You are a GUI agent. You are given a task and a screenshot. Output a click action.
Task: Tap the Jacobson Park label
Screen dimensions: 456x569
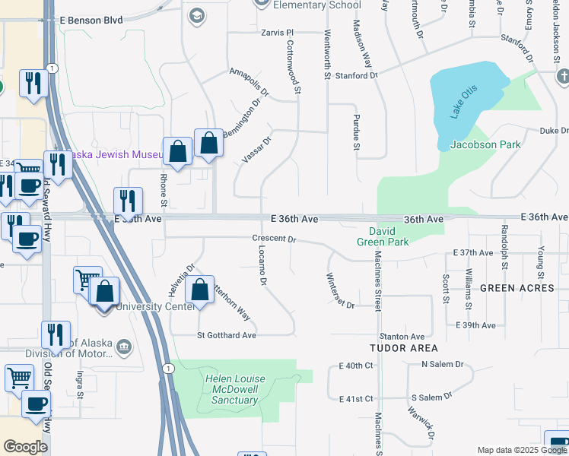485,144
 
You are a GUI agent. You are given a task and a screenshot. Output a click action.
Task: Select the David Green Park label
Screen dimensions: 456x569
383,236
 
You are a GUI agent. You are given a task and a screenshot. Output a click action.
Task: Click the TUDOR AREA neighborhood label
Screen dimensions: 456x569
403,347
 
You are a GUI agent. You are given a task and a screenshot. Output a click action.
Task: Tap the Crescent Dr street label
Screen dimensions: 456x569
274,239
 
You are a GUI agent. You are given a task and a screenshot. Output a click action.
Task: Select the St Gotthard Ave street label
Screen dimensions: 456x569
227,335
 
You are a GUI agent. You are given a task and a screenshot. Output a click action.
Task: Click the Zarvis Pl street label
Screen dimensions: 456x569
278,33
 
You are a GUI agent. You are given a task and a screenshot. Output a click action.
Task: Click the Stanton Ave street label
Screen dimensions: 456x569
402,336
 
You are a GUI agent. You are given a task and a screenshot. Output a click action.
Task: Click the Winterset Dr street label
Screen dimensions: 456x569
340,290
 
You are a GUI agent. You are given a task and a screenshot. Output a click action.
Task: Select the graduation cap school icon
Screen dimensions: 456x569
197,16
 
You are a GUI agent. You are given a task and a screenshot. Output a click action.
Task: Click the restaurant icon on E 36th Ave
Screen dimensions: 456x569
128,201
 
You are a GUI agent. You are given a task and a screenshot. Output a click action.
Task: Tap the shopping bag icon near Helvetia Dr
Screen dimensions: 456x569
199,290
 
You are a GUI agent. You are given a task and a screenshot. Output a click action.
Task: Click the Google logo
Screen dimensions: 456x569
25,447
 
